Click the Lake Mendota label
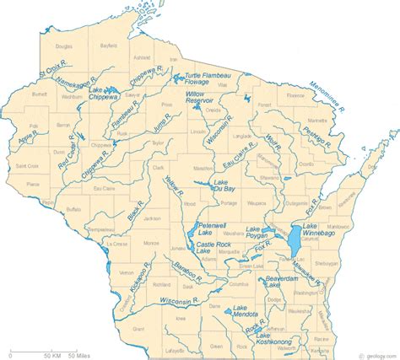click(x=245, y=309)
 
